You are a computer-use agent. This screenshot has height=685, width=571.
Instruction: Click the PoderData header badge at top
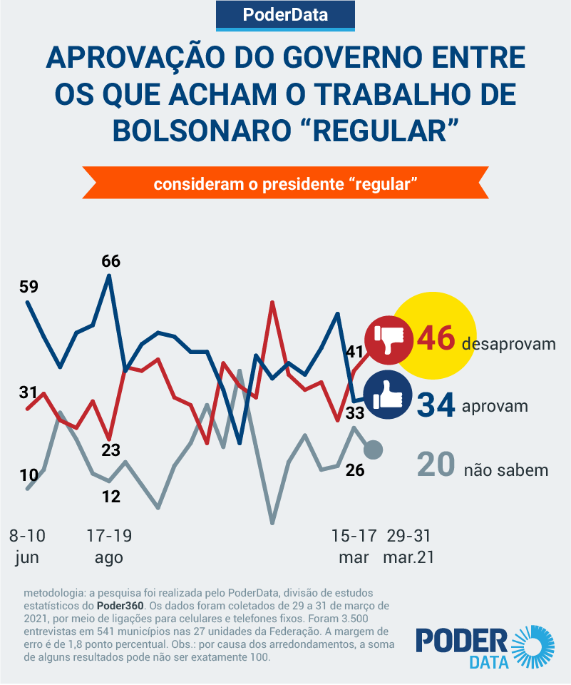tap(285, 14)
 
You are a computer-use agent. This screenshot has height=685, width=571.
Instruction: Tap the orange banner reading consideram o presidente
tap(285, 183)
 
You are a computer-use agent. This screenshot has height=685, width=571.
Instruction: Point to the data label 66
tap(110, 260)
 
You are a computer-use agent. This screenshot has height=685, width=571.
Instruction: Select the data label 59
tap(29, 287)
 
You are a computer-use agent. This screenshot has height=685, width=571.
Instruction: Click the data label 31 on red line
tap(28, 392)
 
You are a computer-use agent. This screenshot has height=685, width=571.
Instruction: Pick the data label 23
tap(110, 450)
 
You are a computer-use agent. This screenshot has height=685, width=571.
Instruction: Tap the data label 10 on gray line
tap(29, 475)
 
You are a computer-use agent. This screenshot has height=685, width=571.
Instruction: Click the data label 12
tap(110, 496)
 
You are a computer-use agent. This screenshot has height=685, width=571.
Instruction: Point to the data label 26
tap(355, 470)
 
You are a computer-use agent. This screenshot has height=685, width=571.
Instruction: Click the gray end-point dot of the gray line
tap(373, 450)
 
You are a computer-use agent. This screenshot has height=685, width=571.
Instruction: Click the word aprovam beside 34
tap(495, 407)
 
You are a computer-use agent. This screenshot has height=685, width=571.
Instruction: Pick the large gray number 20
tap(436, 465)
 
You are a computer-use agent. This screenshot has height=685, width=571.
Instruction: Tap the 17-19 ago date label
tap(109, 546)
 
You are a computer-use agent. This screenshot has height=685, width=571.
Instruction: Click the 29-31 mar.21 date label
tap(408, 546)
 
